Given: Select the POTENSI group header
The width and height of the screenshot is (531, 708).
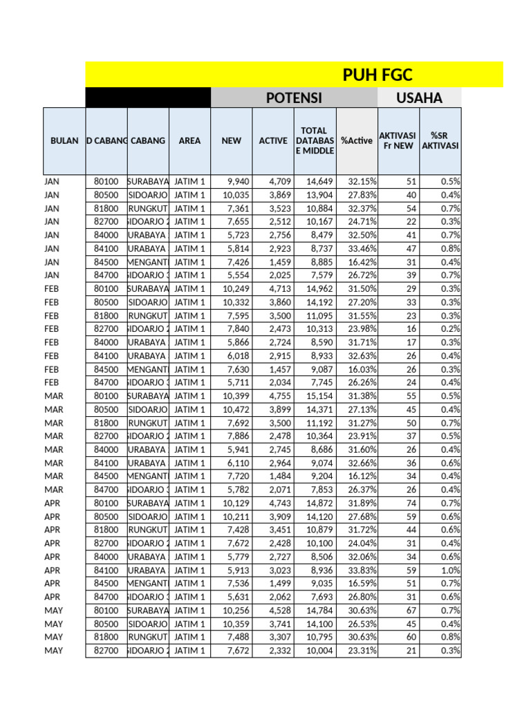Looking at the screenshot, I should coord(294,98).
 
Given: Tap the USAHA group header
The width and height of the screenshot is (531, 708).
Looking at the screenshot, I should coord(419,98).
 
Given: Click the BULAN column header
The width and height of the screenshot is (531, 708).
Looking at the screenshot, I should coord(64,140).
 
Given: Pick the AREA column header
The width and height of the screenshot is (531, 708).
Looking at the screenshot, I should coord(189,140).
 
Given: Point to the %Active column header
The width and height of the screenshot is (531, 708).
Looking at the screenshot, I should coord(357,140).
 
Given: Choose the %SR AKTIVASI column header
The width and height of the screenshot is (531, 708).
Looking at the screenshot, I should coord(440,140).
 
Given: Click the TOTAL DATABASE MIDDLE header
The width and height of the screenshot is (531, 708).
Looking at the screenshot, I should coord(315,140).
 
